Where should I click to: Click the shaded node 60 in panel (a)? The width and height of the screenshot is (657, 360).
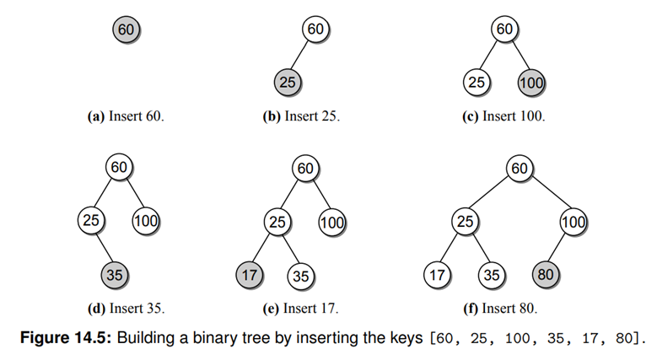coord(127,30)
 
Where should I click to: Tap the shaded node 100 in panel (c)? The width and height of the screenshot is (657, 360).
coord(531,83)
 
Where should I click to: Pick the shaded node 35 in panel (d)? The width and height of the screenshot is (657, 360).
coord(114,275)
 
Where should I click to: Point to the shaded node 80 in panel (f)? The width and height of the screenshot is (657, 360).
coord(546,275)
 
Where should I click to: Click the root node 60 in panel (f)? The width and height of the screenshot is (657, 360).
coord(519,169)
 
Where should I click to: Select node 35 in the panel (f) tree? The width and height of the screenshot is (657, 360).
coord(491,275)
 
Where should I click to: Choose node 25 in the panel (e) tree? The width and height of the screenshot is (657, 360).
coord(277,223)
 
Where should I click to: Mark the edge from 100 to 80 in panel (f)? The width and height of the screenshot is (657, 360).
coord(560,249)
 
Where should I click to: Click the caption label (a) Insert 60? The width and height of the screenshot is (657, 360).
coord(127,116)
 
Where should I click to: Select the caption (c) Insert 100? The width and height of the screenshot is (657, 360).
coord(504,116)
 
